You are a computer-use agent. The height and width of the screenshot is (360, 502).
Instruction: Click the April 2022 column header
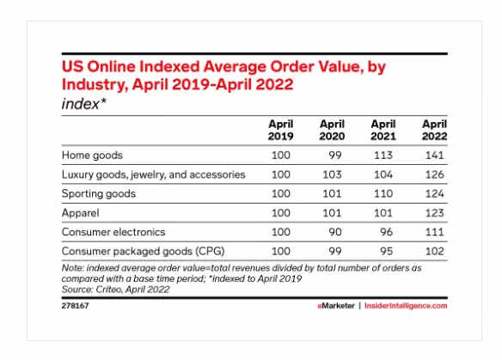434,130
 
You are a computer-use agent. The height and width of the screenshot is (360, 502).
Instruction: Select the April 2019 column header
281,130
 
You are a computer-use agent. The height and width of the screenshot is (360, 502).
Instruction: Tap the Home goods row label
92,156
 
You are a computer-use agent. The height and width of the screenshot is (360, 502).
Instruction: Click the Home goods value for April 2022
434,156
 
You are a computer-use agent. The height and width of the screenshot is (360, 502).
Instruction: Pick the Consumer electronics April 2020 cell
335,232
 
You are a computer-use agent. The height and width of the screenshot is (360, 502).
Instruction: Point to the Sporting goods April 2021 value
383,193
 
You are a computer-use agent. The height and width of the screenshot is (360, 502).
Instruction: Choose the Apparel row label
80,213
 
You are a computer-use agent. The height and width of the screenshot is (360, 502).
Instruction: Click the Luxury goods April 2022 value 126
434,174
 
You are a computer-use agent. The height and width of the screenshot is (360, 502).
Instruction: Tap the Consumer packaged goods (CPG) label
143,251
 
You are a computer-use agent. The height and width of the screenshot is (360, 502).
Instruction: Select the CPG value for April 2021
387,251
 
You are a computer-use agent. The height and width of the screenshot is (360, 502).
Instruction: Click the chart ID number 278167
76,306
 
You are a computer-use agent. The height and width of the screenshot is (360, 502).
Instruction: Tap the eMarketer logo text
336,306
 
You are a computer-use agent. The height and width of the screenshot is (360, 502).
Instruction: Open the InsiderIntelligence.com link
406,306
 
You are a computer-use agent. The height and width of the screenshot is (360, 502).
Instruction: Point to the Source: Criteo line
115,290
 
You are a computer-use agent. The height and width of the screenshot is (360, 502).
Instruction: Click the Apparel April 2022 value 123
434,213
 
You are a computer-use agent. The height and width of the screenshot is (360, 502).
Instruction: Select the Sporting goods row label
99,194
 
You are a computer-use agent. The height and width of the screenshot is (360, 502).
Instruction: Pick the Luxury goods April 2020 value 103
332,174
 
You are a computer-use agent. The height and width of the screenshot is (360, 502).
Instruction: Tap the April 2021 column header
383,130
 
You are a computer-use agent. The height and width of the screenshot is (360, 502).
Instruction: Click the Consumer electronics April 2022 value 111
434,232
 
